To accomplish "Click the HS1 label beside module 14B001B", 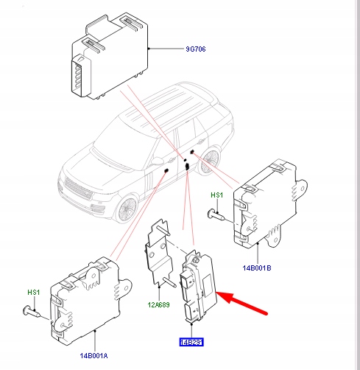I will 217,195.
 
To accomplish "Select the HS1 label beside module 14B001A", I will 32,293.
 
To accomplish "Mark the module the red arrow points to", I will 197,287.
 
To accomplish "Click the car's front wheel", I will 127,209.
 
